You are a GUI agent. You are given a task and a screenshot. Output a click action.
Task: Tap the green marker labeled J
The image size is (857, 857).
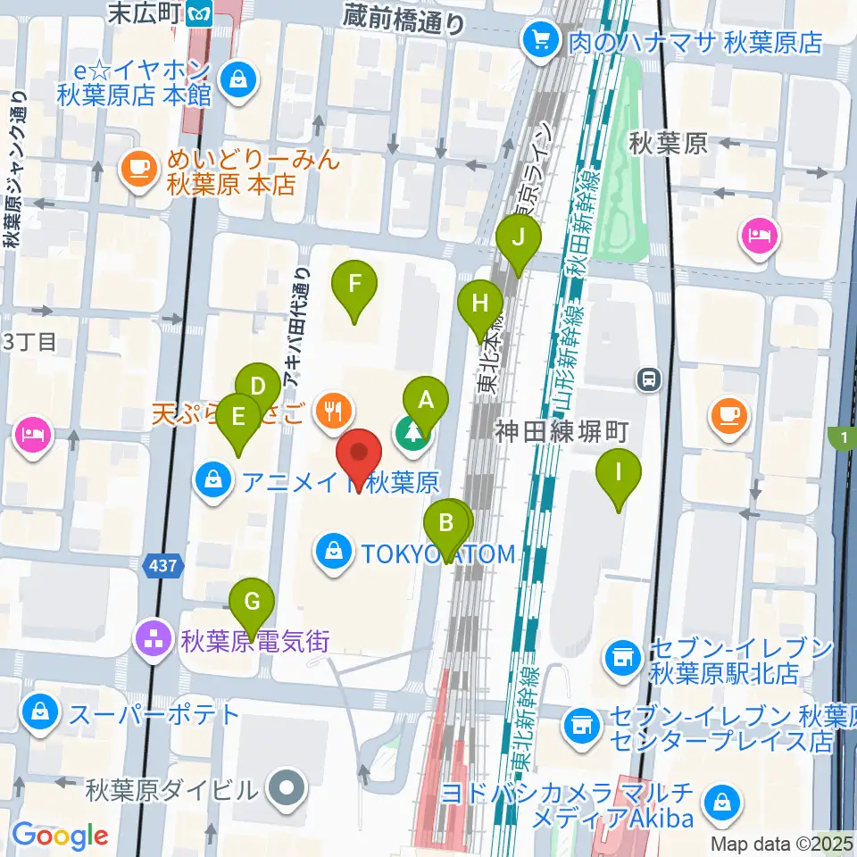(519, 238)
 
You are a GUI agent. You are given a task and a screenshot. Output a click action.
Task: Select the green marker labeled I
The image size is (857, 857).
(619, 470)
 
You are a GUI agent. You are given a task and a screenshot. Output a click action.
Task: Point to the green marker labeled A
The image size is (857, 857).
(426, 400)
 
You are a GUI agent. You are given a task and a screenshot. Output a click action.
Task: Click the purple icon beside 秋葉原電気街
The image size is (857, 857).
(149, 639)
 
